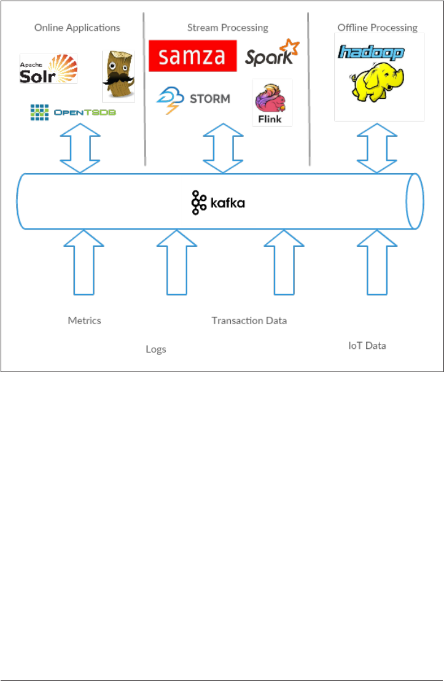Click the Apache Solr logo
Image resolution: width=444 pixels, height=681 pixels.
click(x=49, y=69)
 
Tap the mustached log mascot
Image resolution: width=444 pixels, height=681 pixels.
click(x=119, y=76)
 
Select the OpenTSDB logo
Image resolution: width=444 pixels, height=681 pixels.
click(x=73, y=112)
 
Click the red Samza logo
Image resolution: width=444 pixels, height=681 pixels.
click(x=192, y=56)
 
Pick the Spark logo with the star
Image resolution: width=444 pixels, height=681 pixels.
click(x=272, y=53)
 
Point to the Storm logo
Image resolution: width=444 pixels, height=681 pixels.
click(x=193, y=98)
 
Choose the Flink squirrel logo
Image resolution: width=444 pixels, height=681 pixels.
click(x=272, y=103)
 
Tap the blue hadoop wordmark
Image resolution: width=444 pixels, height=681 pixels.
click(x=371, y=52)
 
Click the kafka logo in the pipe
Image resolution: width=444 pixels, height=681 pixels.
click(x=217, y=203)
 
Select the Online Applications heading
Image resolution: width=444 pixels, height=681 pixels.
click(x=77, y=28)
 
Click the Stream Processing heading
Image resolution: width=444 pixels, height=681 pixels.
click(x=227, y=28)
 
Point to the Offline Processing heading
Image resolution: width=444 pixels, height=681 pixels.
click(x=377, y=28)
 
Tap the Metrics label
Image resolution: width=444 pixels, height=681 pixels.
click(x=84, y=321)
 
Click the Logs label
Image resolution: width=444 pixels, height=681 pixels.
click(x=156, y=349)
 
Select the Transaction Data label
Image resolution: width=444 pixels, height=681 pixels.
click(x=249, y=321)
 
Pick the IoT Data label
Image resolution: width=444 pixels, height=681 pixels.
click(x=367, y=346)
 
